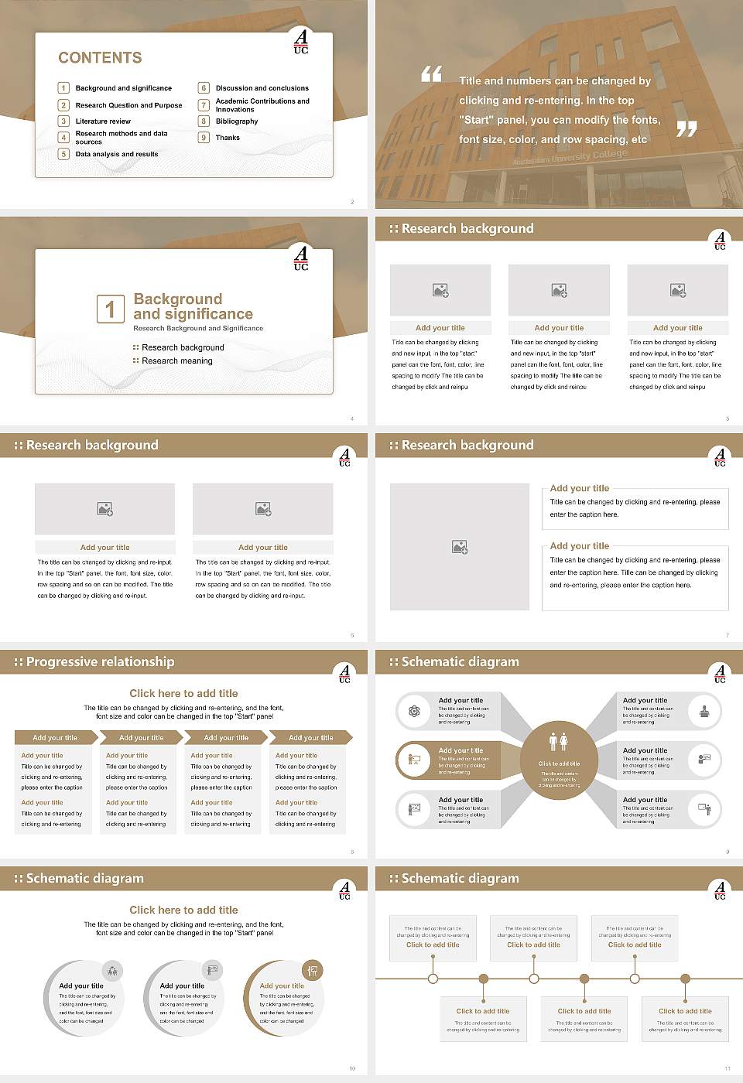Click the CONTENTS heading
click(100, 58)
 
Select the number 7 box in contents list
click(204, 105)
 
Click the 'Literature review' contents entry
click(103, 121)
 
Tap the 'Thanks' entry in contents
click(228, 138)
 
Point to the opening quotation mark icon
click(431, 74)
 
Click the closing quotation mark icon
click(687, 129)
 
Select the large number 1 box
click(110, 309)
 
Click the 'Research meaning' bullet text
click(176, 361)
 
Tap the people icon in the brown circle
click(559, 742)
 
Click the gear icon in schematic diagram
click(414, 711)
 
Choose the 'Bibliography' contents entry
click(237, 121)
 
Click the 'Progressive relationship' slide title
click(100, 662)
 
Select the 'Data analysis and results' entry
click(117, 154)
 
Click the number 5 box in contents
click(64, 154)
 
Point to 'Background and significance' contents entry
click(124, 88)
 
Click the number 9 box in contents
click(204, 138)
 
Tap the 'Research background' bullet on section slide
click(183, 348)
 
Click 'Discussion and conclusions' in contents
click(262, 88)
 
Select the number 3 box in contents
click(64, 121)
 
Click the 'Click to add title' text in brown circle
click(559, 764)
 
